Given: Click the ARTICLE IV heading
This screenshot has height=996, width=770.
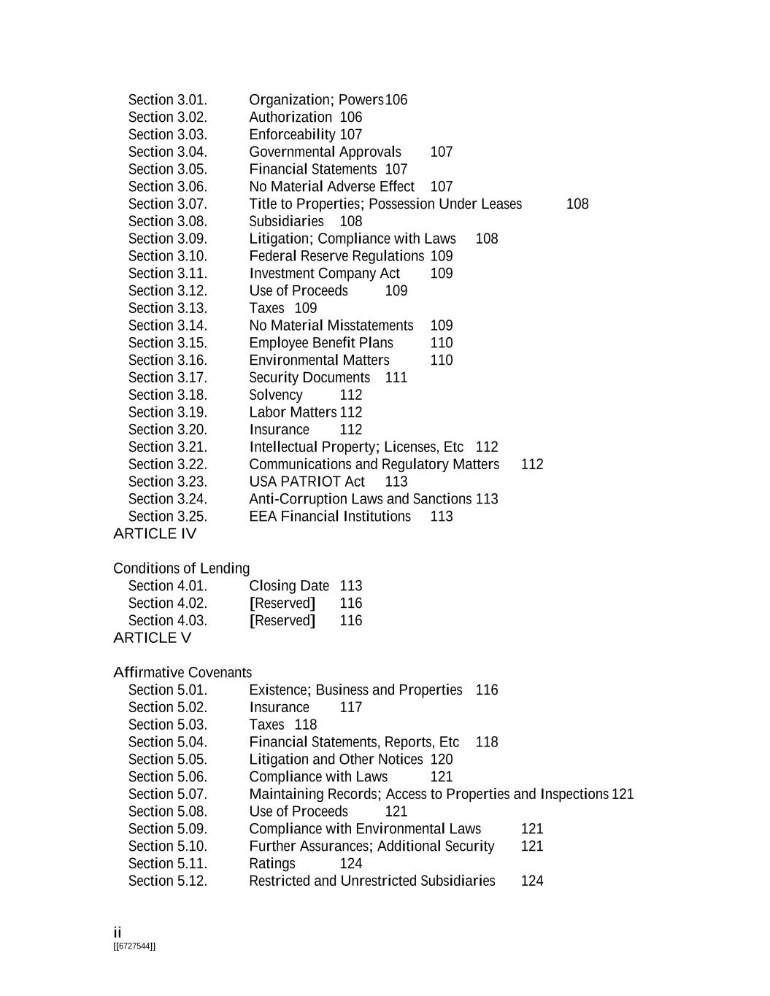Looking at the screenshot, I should pyautogui.click(x=155, y=534).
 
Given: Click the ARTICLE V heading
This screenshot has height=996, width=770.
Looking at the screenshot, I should pyautogui.click(x=152, y=638).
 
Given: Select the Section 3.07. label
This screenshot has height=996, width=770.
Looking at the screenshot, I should pyautogui.click(x=167, y=204).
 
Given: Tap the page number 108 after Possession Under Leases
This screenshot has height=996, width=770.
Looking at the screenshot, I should pyautogui.click(x=577, y=204).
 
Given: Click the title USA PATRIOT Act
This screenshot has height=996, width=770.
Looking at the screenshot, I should pyautogui.click(x=307, y=482).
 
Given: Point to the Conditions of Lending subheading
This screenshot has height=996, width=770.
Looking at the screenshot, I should pyautogui.click(x=181, y=569).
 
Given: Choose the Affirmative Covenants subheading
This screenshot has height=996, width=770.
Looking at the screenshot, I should pyautogui.click(x=182, y=673).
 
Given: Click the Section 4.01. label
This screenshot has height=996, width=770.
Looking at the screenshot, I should pyautogui.click(x=167, y=586).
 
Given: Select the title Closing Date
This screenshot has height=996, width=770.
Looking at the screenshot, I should pyautogui.click(x=289, y=586).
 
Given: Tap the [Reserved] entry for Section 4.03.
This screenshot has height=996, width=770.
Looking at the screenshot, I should pyautogui.click(x=282, y=621).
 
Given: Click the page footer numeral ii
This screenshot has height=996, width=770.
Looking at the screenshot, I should pyautogui.click(x=118, y=933).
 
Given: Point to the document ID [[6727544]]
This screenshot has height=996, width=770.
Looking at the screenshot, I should pyautogui.click(x=134, y=946).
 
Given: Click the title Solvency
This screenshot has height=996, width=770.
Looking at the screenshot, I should pyautogui.click(x=275, y=395).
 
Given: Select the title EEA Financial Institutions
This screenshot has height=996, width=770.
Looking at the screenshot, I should pyautogui.click(x=329, y=517).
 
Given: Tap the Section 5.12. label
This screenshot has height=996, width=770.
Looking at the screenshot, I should pyautogui.click(x=167, y=881).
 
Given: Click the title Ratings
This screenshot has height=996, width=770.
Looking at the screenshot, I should pyautogui.click(x=272, y=864).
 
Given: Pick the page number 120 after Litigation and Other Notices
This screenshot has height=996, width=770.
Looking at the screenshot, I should pyautogui.click(x=442, y=760).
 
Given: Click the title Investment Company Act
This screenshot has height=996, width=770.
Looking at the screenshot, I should pyautogui.click(x=324, y=274).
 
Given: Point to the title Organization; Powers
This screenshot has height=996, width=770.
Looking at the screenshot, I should pyautogui.click(x=316, y=100).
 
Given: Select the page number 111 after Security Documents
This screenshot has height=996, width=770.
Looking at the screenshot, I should pyautogui.click(x=396, y=378).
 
